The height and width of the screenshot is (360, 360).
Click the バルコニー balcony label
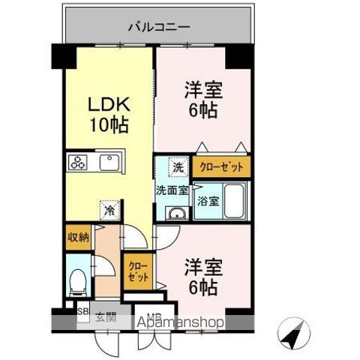(x=158, y=28)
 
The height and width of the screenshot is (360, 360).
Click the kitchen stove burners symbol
(x=78, y=163)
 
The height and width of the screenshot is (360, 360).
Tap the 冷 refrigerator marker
(x=109, y=211)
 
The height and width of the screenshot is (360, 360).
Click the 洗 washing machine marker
(x=178, y=166)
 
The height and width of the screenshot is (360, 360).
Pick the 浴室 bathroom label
(x=207, y=202)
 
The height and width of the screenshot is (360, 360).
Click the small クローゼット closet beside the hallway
(x=138, y=271)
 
